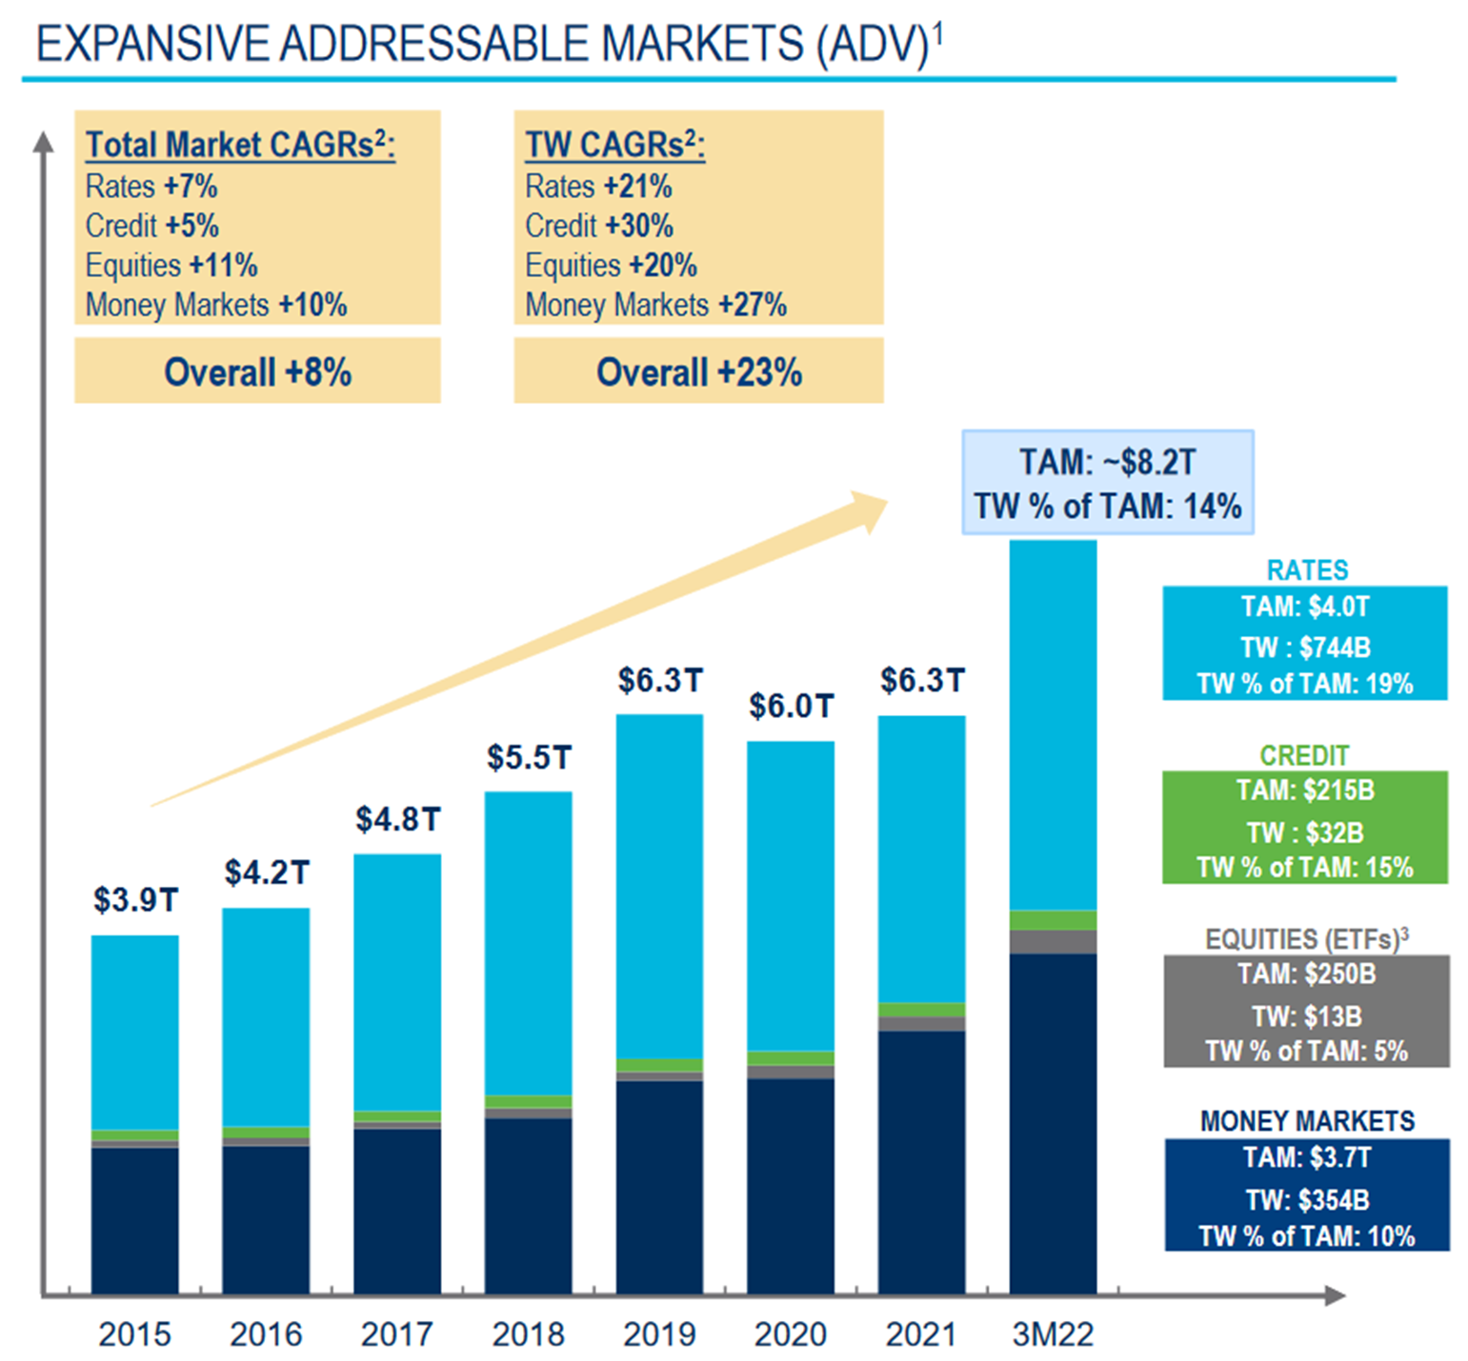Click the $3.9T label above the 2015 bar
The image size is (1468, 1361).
point(135,899)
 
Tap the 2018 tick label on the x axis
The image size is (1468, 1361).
point(528,1334)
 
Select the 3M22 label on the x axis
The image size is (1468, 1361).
point(1052,1334)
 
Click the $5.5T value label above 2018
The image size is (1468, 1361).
point(529,757)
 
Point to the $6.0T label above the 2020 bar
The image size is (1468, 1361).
point(791,706)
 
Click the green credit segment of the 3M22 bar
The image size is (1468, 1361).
point(1053,920)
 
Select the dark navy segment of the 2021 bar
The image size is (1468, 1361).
point(921,1162)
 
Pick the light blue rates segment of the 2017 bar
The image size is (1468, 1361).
point(397,981)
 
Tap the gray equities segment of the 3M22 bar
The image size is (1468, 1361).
point(1053,942)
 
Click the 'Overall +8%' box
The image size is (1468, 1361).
point(257,371)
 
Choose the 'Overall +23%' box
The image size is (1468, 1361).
point(698,371)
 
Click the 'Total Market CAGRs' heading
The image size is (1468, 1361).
point(240,145)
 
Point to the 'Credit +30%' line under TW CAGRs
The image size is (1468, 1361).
point(599,226)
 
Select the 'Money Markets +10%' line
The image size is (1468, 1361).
point(216,305)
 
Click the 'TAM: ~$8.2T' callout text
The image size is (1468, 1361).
point(1107,462)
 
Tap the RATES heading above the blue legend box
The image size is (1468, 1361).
point(1307,570)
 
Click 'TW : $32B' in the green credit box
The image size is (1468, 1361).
point(1305,832)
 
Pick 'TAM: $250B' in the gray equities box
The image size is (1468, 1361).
point(1306,973)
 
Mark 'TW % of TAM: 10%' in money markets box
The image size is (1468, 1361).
point(1306,1235)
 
